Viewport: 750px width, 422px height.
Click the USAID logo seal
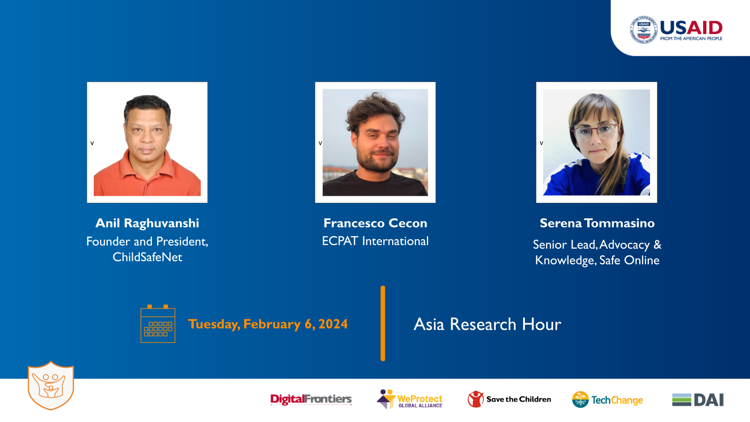[x=643, y=30]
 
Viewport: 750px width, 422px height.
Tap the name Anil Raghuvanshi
[x=147, y=223]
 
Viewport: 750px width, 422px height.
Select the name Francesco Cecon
[x=375, y=223]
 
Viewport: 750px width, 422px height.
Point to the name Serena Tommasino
[x=597, y=223]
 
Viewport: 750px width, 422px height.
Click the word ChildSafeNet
[x=147, y=257]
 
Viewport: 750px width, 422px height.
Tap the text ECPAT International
[x=375, y=241]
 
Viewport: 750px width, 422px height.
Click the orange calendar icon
[x=158, y=324]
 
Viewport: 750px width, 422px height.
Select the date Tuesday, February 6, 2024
[x=268, y=324]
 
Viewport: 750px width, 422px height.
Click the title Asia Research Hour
[x=487, y=324]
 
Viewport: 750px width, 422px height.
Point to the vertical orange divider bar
[x=383, y=323]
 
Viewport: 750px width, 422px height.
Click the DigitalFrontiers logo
[x=311, y=399]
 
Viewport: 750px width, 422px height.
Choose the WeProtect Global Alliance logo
[x=409, y=399]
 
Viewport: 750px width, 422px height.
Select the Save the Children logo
[x=509, y=399]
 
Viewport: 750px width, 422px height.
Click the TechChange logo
[x=607, y=400]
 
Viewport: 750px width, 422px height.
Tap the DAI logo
[x=698, y=400]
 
